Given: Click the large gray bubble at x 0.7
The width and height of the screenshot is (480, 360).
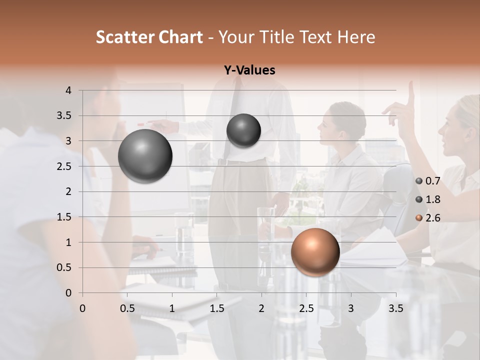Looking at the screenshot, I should point(145,156).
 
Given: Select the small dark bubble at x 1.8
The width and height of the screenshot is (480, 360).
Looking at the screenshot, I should point(243,130).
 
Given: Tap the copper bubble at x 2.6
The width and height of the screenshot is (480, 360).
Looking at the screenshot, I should point(315,252).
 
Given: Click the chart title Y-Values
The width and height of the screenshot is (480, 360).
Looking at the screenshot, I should point(249,70).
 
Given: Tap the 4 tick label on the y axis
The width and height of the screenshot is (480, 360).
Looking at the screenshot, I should point(68,90).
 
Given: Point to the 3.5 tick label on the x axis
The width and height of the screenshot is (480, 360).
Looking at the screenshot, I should point(395,308).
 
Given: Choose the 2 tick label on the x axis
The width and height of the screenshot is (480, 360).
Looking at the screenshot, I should point(261,308).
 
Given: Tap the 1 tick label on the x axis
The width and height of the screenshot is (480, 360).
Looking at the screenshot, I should point(172,308).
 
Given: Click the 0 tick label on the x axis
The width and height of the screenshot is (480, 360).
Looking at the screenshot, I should point(82,308).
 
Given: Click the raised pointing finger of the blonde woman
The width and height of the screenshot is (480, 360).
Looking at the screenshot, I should point(411,90).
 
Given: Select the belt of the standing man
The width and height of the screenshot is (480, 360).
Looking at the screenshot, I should point(242,161).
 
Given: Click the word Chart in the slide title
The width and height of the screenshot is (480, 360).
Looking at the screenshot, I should point(180,37).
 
